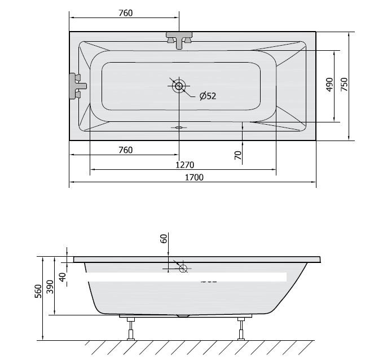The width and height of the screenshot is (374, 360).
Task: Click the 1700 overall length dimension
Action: pos(194,178)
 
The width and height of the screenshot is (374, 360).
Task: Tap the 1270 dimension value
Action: pos(185,165)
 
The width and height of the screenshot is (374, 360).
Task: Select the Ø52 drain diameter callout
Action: pos(208,96)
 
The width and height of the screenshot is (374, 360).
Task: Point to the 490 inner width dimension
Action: pos(329,85)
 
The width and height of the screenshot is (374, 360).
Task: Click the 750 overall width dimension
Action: pos(344,85)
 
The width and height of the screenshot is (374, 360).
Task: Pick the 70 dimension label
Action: pos(238,156)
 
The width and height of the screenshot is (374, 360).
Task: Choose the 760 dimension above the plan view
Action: pos(125,13)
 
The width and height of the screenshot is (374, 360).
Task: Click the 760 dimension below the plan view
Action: pos(125,150)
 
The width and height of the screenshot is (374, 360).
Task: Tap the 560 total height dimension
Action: pos(38,291)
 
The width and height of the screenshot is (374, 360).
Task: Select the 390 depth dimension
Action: pos(50,287)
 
